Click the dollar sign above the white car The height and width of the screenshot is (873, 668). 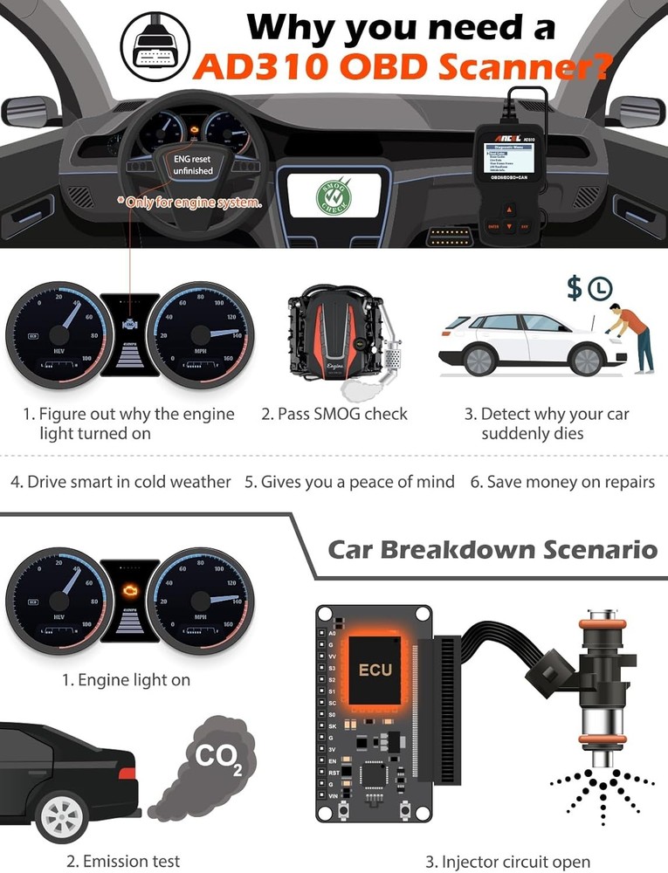tap(574, 289)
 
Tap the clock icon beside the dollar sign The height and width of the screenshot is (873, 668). tap(598, 289)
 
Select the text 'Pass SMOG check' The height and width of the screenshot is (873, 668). tap(334, 414)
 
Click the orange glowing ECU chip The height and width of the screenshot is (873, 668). tap(375, 670)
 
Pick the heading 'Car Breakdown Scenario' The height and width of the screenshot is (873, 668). tap(492, 550)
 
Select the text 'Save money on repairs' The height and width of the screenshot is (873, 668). tap(562, 482)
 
